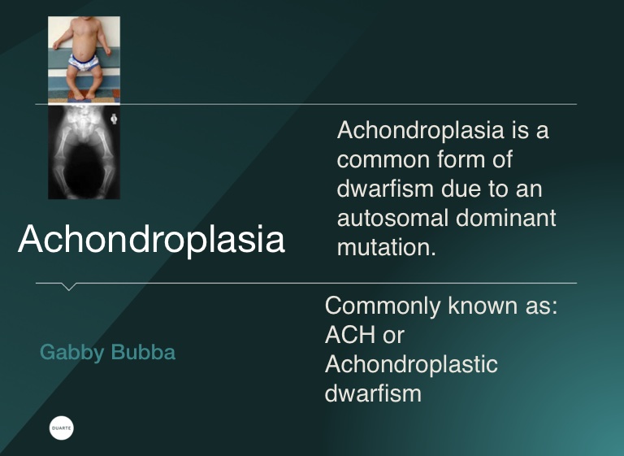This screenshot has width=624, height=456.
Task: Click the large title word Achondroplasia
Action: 151,239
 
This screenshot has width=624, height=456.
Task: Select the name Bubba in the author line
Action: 143,352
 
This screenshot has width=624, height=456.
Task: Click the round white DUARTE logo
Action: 62,428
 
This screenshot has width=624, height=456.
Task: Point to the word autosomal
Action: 392,218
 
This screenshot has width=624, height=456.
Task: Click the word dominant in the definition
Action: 506,218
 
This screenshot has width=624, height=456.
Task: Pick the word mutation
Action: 386,247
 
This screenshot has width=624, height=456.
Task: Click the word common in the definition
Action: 383,160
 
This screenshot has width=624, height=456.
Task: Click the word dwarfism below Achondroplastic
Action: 373,393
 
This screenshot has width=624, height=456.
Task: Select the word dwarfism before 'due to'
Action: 385,189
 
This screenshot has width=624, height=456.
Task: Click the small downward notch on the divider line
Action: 68,287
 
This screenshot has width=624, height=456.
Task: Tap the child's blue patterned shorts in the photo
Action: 84,63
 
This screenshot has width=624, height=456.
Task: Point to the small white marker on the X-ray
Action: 115,119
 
